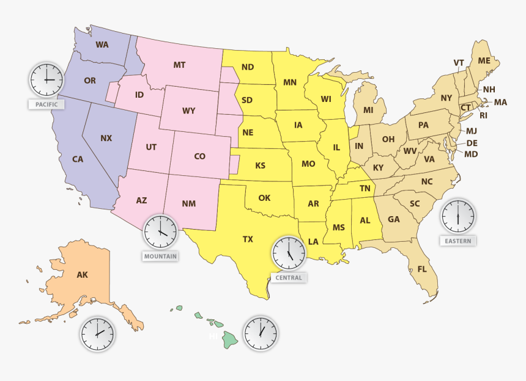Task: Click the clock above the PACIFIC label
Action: click(x=46, y=79)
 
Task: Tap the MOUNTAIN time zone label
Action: click(x=160, y=256)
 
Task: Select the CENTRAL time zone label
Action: click(x=289, y=278)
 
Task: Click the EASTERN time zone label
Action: click(x=457, y=241)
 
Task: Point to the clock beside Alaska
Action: click(x=97, y=334)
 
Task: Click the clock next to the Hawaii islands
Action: click(x=261, y=333)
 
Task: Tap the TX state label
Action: click(x=248, y=239)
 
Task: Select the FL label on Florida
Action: click(x=423, y=269)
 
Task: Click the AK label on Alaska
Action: click(x=82, y=275)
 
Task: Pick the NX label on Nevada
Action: click(x=106, y=138)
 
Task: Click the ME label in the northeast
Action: click(x=484, y=60)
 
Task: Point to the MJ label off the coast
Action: click(x=472, y=131)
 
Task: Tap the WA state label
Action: click(x=102, y=45)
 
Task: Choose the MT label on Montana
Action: click(x=179, y=65)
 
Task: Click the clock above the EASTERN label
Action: click(x=457, y=216)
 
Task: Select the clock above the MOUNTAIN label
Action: click(x=160, y=231)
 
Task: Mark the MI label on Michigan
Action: click(x=368, y=110)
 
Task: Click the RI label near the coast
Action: click(x=483, y=115)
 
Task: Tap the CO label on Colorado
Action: click(x=199, y=156)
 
